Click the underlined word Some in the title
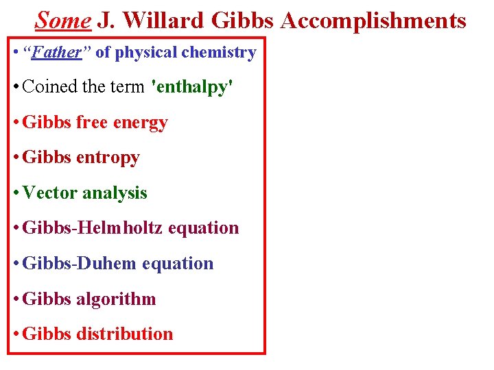coord(62,21)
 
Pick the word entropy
coord(108,158)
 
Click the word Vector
coord(50,193)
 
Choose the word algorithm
coord(117,299)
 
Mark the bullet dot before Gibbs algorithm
coord(16,299)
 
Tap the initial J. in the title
coord(105,21)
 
